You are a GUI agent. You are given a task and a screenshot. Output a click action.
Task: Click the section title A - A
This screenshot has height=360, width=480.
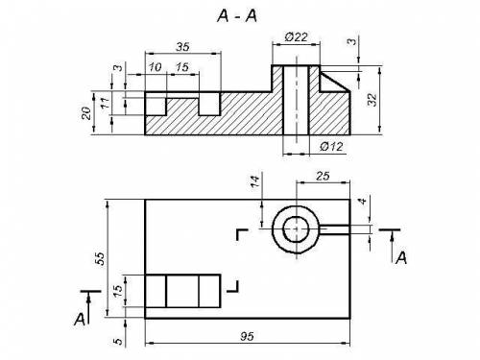point(237,15)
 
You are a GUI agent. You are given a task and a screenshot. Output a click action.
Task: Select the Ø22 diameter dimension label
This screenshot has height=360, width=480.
point(297,37)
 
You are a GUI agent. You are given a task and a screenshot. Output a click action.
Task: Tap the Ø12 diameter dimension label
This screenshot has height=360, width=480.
point(331,147)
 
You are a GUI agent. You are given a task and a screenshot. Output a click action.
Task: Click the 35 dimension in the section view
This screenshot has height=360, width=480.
point(182,47)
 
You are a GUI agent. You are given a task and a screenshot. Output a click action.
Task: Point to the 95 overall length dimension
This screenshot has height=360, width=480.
point(247,336)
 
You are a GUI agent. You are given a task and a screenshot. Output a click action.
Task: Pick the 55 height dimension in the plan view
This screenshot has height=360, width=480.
point(100,258)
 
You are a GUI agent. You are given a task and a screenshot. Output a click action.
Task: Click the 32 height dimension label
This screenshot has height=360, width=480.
point(372,100)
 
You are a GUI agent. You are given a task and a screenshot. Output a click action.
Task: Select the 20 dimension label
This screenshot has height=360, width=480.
point(86,113)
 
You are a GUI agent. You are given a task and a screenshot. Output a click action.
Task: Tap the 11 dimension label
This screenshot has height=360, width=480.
point(106,103)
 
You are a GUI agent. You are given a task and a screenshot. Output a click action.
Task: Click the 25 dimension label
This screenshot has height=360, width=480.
point(323,176)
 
